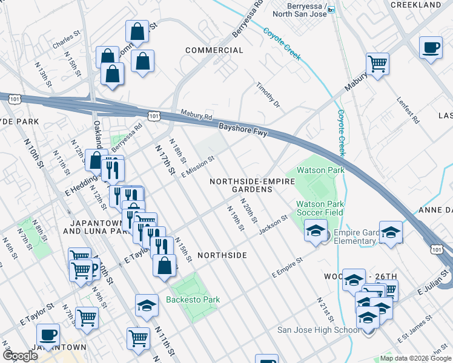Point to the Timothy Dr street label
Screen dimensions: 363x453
coord(269,96)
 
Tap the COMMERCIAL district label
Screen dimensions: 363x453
coord(214,50)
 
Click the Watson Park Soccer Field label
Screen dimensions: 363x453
coord(319,208)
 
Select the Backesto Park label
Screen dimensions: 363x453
coord(194,299)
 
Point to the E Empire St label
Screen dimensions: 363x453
coord(287,270)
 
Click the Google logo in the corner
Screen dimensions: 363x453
coord(20,356)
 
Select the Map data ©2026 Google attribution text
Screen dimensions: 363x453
coord(415,358)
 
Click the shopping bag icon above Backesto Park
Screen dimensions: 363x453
coord(164,265)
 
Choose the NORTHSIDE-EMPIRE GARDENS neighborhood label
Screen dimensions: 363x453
coord(241,185)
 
